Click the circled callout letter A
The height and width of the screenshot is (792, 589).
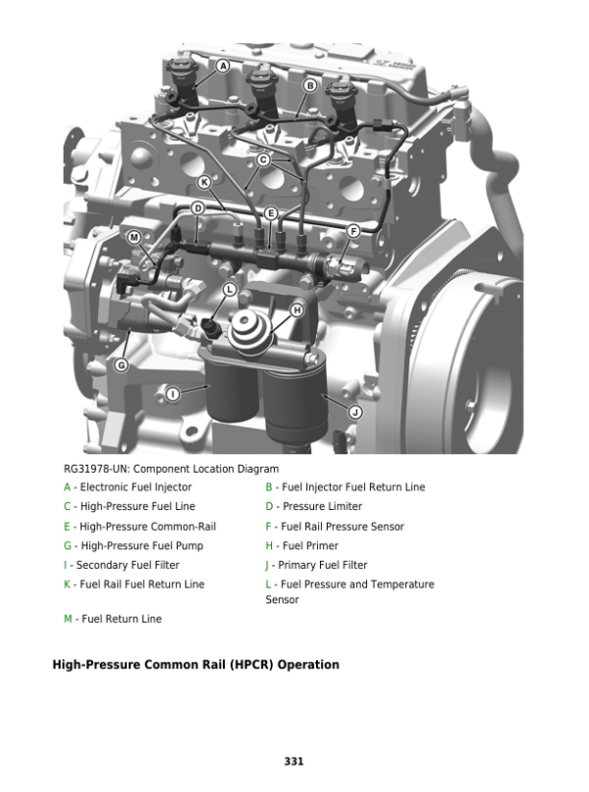223,66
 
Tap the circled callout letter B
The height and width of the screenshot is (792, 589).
310,85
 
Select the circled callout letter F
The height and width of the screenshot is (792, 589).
352,231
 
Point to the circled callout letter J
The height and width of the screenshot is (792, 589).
355,412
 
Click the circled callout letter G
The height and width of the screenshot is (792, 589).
121,365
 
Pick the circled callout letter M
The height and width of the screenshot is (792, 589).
134,237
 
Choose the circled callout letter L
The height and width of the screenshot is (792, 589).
230,289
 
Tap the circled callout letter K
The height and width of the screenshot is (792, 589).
204,182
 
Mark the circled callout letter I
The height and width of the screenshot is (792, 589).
173,394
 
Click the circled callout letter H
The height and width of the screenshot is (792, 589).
297,311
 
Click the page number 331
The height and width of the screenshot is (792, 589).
294,762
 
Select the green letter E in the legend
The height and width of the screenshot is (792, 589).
67,527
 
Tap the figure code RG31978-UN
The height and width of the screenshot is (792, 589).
96,470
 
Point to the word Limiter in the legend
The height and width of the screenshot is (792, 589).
345,506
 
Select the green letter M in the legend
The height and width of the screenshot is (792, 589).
68,619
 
